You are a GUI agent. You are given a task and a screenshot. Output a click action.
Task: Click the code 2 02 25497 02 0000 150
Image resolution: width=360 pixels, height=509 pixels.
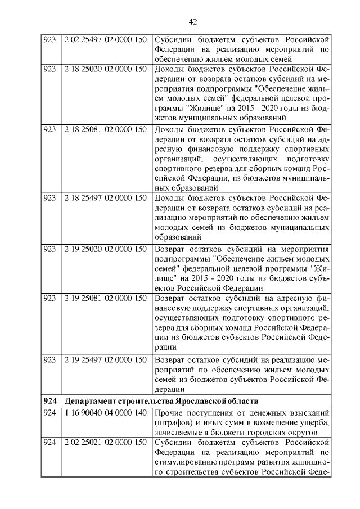tap(105, 40)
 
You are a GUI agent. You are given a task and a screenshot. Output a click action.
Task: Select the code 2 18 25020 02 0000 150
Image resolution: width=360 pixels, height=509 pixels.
tap(105, 69)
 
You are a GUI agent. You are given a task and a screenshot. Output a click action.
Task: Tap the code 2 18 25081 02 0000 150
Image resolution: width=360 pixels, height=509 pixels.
tap(105, 128)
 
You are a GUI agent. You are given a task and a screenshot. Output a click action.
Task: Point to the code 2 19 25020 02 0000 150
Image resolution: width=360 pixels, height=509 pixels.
tap(105, 248)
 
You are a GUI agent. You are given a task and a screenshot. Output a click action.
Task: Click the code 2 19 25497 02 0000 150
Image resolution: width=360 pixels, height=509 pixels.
tap(105, 359)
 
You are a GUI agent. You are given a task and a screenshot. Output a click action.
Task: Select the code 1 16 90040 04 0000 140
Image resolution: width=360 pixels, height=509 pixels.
tap(105, 414)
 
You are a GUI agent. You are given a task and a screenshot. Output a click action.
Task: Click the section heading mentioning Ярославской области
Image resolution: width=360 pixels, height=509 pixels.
tap(151, 401)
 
